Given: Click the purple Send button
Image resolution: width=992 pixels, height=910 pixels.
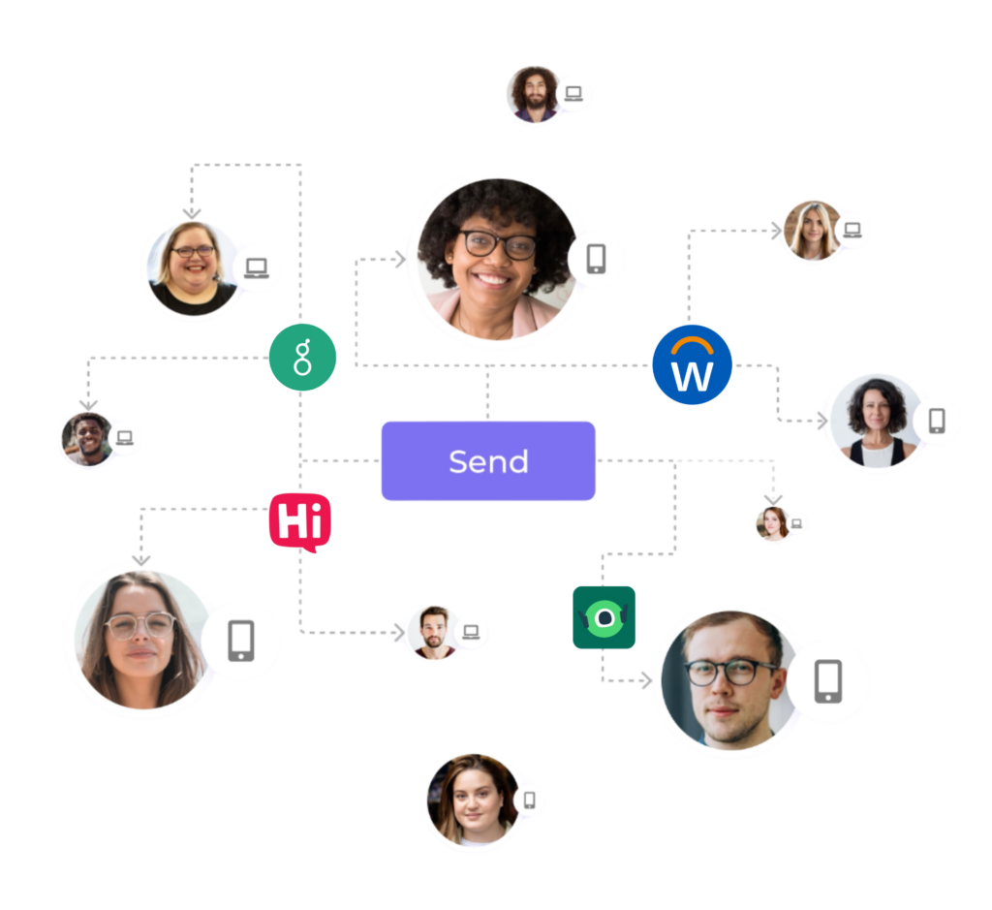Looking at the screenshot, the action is point(488,460).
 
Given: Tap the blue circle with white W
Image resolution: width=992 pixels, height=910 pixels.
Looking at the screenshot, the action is point(692,364).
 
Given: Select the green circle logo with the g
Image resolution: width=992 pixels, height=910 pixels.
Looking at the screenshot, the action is point(302,357).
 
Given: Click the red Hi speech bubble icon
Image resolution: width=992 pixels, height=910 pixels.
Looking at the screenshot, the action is point(300,522).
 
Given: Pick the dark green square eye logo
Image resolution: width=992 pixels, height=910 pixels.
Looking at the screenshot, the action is point(604,617).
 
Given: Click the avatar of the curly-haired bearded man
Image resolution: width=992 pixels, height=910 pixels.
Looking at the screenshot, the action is point(535,94).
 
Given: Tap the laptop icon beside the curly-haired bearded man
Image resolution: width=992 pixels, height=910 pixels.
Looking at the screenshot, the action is point(573,94).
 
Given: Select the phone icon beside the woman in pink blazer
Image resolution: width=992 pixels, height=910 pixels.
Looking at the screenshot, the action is point(596,259).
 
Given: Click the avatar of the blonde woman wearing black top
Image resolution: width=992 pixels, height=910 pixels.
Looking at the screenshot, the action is point(193,267).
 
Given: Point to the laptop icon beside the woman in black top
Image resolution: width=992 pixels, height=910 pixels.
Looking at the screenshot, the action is point(256,268).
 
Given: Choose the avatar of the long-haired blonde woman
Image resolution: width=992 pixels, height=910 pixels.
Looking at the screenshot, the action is point(813,231).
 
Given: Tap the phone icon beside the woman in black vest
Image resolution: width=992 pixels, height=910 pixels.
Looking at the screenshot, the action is point(937,421).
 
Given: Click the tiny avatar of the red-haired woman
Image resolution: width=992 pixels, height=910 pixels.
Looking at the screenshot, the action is point(772,522).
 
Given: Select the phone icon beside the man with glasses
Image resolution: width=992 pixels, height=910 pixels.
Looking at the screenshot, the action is point(828,681).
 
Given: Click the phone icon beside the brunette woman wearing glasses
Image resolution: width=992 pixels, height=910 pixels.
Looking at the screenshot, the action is point(241,641).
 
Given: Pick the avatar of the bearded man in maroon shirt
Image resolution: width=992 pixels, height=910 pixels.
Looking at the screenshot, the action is point(434,632).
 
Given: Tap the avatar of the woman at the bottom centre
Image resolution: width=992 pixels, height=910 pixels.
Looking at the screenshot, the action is point(474,800).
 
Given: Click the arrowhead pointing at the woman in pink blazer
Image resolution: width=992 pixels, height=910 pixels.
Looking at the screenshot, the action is point(400,259).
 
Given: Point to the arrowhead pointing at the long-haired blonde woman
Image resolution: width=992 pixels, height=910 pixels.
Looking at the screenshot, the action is point(776,231).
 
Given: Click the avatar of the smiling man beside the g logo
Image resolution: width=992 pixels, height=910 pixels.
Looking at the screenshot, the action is point(88,439).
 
